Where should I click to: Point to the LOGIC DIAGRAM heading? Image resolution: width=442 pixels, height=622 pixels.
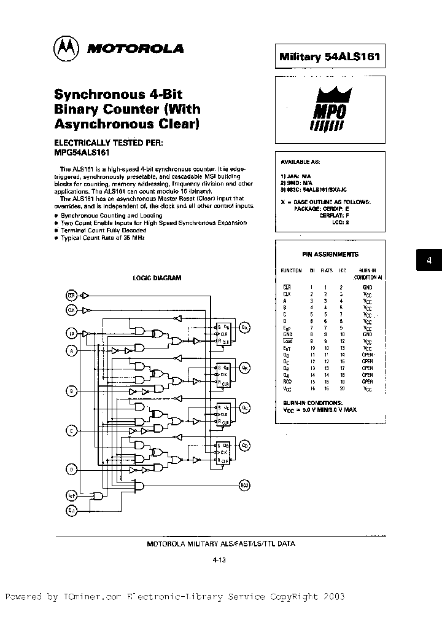coord(157,278)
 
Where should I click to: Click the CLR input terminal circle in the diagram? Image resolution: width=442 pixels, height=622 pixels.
coord(71,296)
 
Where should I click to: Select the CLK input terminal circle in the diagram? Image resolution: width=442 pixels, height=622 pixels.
coord(71,311)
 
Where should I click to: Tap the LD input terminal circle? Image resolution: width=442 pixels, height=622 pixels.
coord(71,334)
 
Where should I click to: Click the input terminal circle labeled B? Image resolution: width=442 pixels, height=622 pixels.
coord(71,390)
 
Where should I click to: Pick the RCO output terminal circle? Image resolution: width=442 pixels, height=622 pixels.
coord(244,486)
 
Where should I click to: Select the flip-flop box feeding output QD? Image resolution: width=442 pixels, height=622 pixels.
coord(221,452)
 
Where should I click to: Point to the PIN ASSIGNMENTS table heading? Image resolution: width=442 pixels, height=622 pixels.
coord(330,254)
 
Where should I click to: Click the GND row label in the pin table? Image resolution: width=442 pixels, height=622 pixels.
coord(287,334)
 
